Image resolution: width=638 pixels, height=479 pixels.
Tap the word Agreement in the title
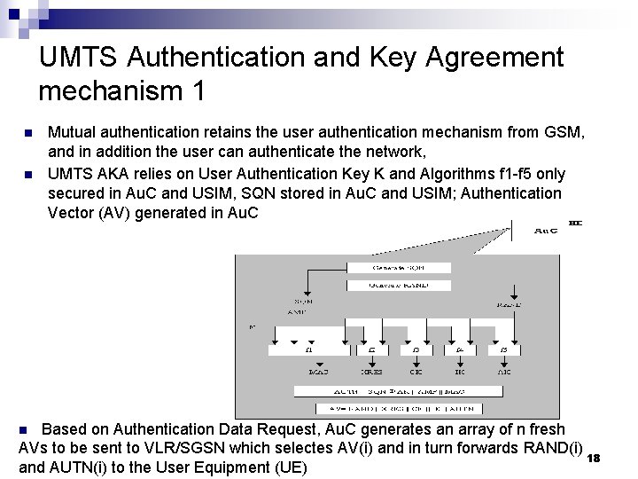tap(494, 57)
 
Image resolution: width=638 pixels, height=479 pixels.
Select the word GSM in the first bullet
tap(564, 133)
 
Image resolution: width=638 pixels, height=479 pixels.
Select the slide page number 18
tap(595, 458)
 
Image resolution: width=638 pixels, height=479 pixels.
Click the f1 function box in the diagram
tap(308, 351)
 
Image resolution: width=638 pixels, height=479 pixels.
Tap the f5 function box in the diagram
tap(504, 351)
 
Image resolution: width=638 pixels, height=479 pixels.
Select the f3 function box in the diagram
tap(416, 351)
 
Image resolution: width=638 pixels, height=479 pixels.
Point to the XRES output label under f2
tap(372, 373)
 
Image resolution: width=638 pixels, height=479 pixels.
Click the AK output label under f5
tap(504, 373)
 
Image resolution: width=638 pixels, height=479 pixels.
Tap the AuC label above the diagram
tap(547, 231)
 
